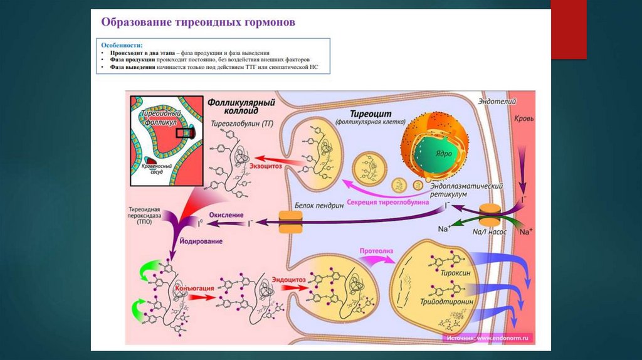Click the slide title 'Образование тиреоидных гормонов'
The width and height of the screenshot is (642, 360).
[198, 22]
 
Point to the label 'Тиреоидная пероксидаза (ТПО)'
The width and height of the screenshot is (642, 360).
[149, 213]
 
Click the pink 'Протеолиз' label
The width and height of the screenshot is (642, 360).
[376, 251]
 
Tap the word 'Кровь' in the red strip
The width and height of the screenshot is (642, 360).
[524, 117]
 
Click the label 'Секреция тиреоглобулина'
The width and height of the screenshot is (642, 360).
[397, 203]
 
